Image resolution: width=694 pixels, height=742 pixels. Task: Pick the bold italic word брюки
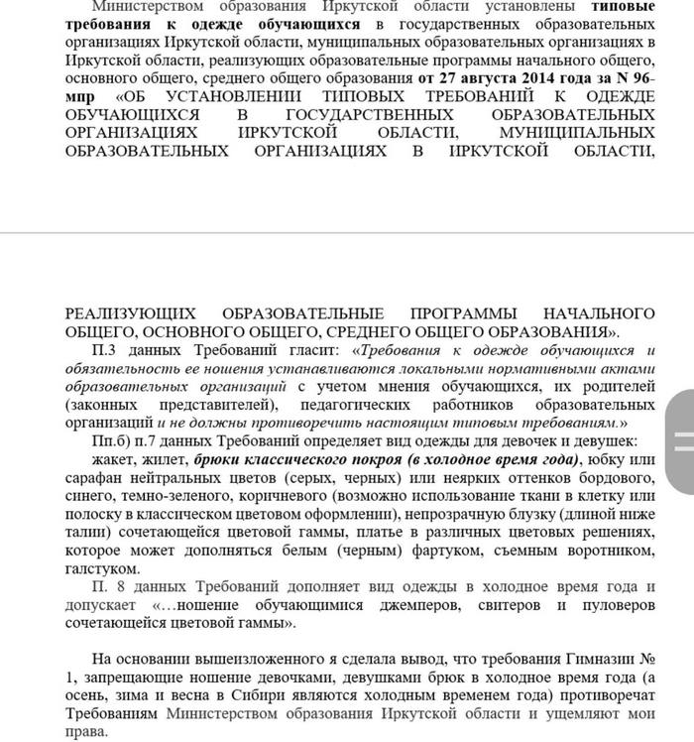tap(222, 459)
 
